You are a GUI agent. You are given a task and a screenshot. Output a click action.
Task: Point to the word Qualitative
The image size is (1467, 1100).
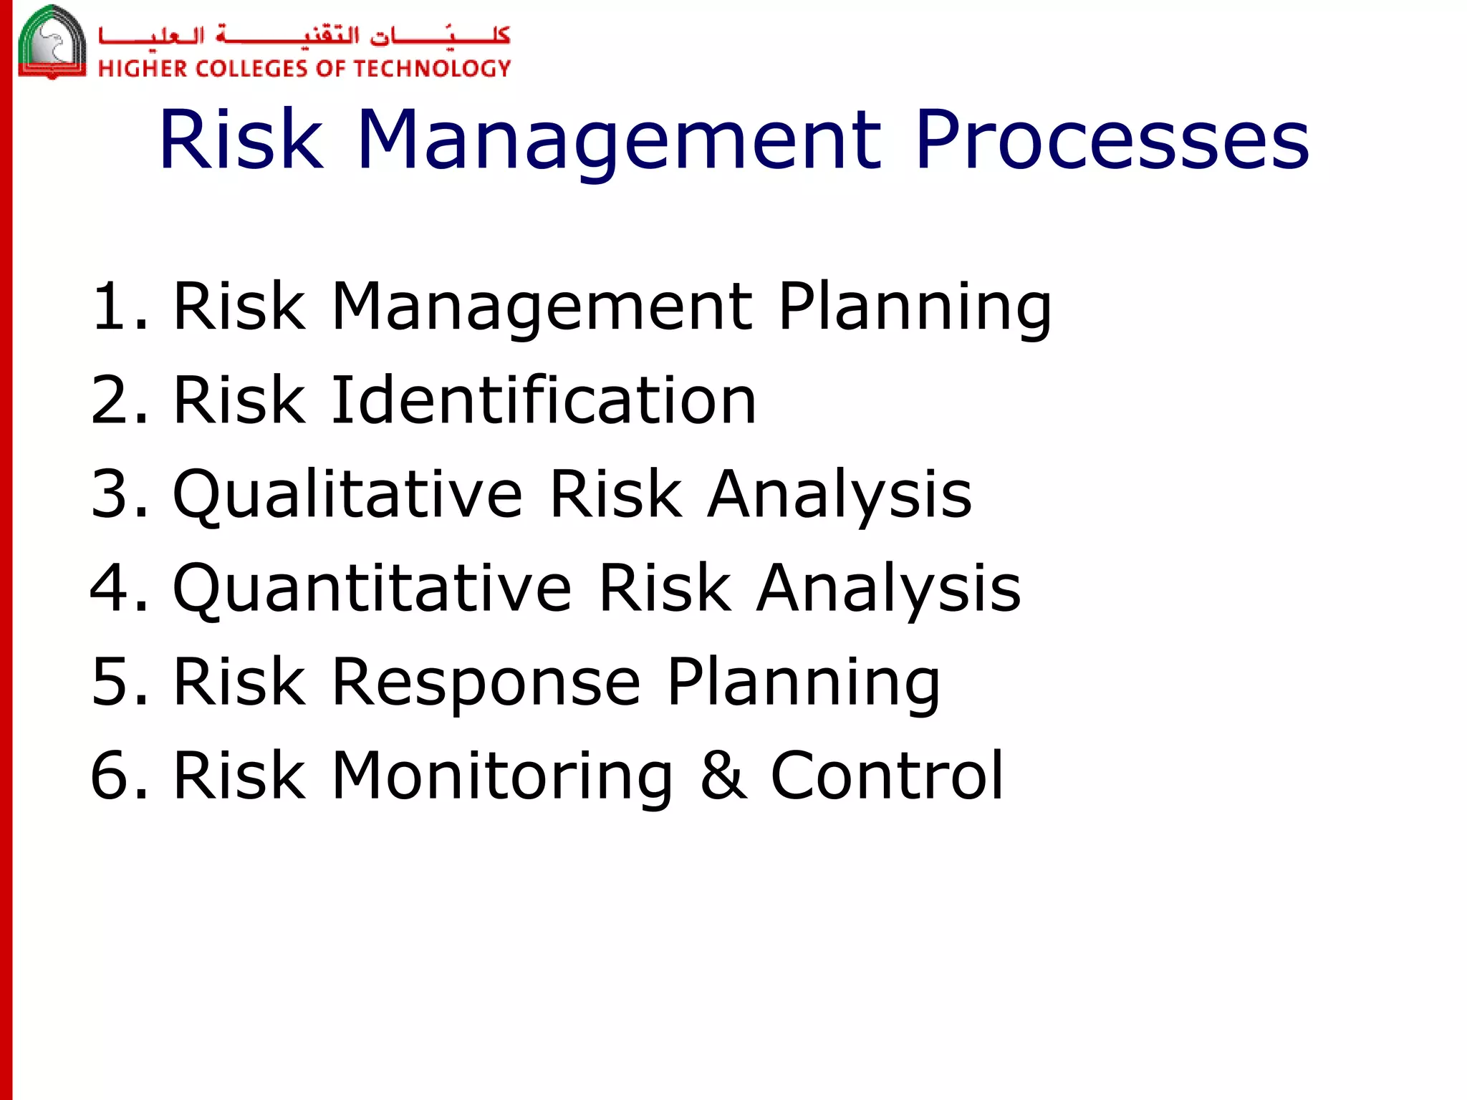tap(348, 495)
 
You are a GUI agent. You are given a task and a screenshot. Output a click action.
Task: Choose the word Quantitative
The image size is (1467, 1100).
tap(372, 589)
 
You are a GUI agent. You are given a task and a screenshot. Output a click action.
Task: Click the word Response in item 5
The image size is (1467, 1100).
tap(486, 682)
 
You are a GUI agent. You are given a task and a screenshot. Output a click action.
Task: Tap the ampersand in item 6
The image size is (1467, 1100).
tap(723, 775)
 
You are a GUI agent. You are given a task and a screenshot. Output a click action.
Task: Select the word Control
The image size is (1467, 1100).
tap(887, 775)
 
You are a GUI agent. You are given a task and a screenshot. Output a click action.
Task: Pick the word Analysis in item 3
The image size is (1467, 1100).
tap(840, 496)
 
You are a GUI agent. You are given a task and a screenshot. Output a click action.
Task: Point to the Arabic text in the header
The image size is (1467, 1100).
tap(304, 34)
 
